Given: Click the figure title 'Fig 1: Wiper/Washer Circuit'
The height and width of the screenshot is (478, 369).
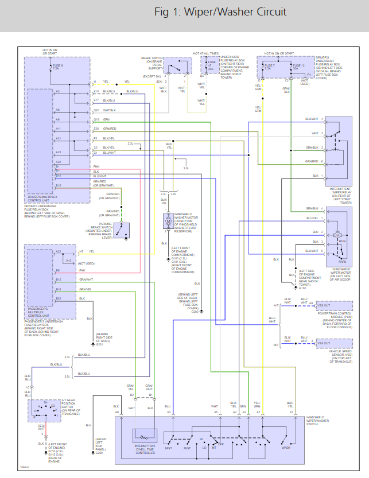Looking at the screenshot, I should pos(220,12).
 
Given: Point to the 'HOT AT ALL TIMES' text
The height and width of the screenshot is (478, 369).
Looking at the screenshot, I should pos(205,53).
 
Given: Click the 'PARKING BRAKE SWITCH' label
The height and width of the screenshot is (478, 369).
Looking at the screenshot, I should pos(101,230).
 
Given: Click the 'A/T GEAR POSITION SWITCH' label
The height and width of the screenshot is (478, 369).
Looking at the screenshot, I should pos(72,407).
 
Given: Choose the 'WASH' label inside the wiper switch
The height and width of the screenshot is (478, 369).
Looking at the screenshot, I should pos(285,448).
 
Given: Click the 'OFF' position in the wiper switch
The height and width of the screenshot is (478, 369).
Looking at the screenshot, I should pos(221,444).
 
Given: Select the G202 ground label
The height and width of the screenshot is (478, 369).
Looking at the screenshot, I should pos(195,312).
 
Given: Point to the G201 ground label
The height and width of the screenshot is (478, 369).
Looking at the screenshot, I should pos(99,344).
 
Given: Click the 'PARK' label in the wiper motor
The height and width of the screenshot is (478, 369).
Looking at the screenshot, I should pos(343,246).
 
